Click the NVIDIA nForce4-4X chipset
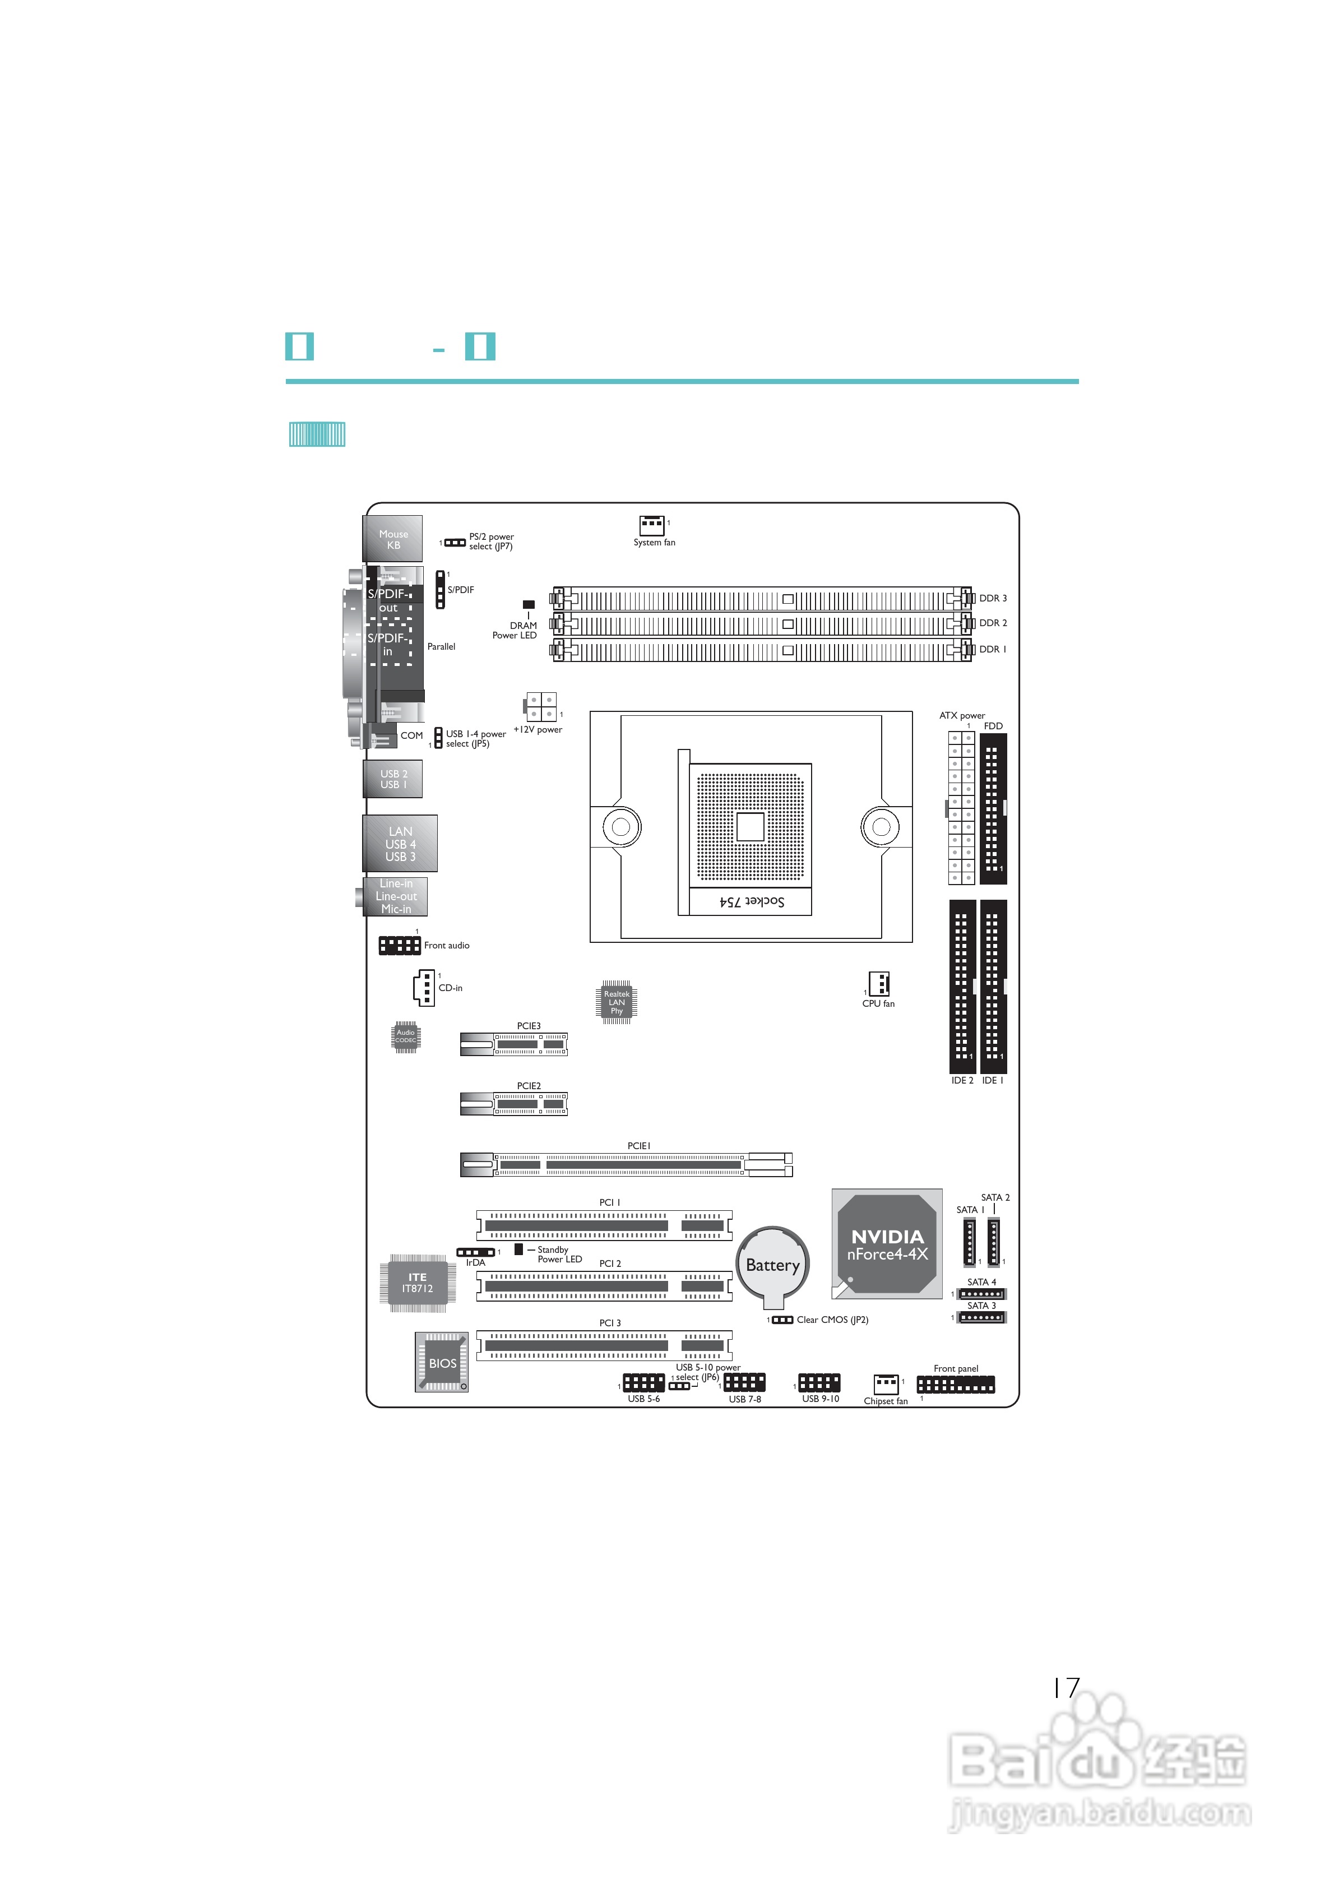[x=887, y=1244]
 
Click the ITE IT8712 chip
[x=417, y=1283]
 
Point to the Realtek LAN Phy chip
[x=616, y=1002]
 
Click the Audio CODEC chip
[x=405, y=1037]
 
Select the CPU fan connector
[x=879, y=983]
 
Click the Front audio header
[x=399, y=946]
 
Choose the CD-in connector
[x=424, y=988]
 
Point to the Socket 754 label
[x=752, y=901]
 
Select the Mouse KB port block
[x=393, y=539]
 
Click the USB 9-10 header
[x=819, y=1383]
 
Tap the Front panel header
[x=956, y=1385]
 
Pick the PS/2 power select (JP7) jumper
[x=455, y=543]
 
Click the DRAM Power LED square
[x=529, y=604]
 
